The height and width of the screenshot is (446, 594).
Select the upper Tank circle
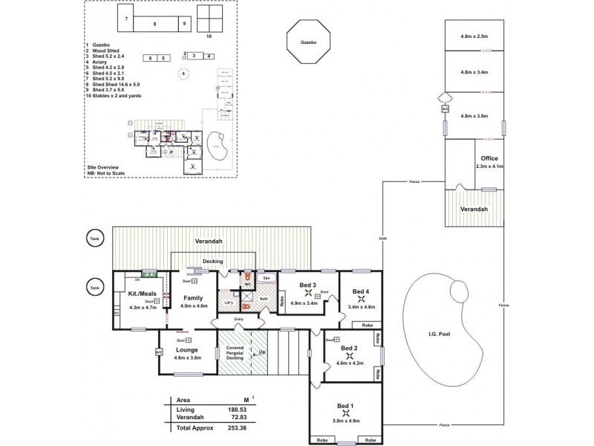coord(94,238)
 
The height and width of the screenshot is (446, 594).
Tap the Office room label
coord(489,158)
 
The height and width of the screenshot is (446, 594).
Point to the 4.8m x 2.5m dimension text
coord(474,36)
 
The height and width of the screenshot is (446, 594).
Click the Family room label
coord(193,298)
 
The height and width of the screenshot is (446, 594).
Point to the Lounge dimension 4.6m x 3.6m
coord(188,358)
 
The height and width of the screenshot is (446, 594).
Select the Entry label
coord(238,319)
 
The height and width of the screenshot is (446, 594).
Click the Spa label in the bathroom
coord(267,278)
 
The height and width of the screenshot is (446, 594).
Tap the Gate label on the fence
coord(383,239)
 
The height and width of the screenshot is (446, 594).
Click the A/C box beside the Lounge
coord(159,352)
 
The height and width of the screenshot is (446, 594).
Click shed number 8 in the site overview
coord(154,24)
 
